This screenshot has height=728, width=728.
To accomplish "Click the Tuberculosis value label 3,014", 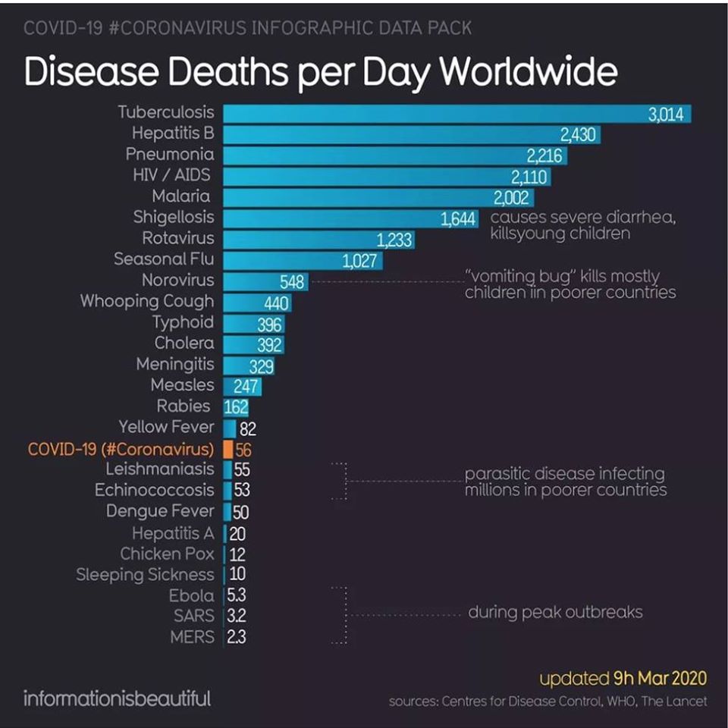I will tap(667, 115).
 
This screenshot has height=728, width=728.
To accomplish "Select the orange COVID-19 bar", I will tap(227, 448).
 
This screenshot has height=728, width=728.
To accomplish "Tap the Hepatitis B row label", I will tap(173, 133).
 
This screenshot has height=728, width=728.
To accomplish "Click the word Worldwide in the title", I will tap(528, 72).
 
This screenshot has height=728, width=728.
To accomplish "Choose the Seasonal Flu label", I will tap(164, 259).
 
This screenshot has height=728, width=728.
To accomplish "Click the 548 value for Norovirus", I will tap(292, 283).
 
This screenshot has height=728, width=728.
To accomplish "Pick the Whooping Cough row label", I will tap(147, 301).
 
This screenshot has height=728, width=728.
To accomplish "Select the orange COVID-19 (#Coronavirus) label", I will tap(121, 448).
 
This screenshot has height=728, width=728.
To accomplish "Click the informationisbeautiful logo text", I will tap(118, 698).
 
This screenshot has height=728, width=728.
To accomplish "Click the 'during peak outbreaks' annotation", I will tap(555, 611).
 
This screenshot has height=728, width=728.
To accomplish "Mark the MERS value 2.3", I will tap(236, 638).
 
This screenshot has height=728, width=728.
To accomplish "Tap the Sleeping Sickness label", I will tap(145, 575).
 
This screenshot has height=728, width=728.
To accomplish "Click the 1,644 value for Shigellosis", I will tap(458, 220).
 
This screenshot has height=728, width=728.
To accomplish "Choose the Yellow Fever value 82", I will tap(248, 428).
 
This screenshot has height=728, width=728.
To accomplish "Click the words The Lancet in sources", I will tap(674, 701).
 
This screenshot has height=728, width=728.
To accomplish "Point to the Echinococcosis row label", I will tap(155, 490).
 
